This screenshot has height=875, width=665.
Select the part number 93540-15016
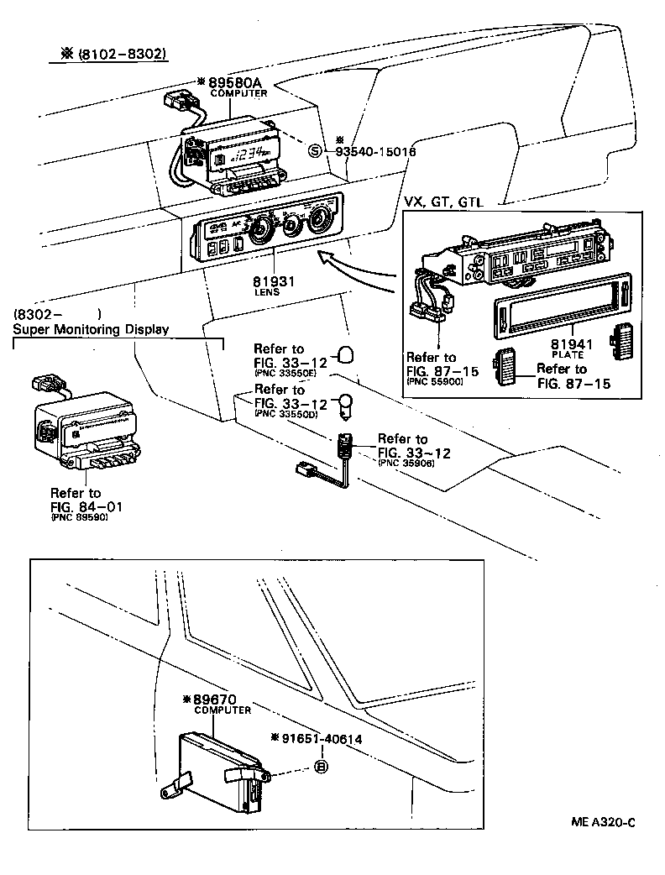tap(375, 152)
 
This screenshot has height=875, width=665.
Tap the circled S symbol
tap(314, 151)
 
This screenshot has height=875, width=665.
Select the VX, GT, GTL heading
tap(449, 202)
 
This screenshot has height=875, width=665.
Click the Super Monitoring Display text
tap(92, 329)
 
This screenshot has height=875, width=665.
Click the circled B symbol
tap(321, 766)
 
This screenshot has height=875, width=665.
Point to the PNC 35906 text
tap(406, 464)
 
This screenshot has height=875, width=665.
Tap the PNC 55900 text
tap(433, 381)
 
